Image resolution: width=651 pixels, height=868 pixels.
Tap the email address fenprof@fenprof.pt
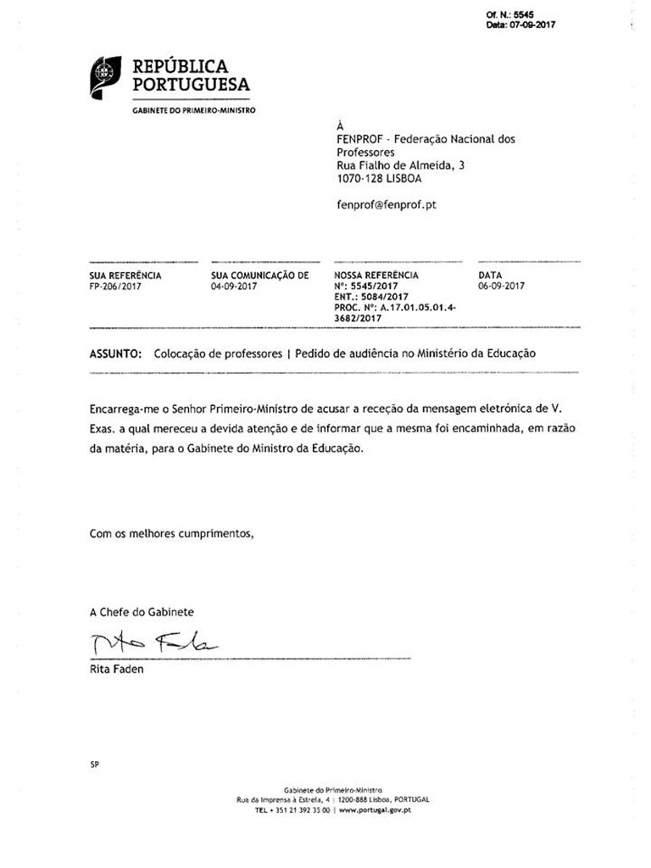tap(387, 204)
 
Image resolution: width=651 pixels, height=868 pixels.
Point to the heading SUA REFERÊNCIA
tap(125, 275)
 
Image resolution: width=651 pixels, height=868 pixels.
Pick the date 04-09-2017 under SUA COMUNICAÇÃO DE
tap(234, 287)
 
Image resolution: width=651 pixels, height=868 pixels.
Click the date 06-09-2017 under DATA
tap(501, 287)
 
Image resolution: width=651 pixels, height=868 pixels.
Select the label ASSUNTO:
tap(115, 353)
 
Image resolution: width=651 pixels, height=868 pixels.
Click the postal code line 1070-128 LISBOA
tap(379, 179)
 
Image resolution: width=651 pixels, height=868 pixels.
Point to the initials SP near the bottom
tap(94, 765)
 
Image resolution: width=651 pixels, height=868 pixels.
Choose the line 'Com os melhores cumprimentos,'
tap(172, 534)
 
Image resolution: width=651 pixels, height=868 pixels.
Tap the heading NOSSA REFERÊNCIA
tap(376, 275)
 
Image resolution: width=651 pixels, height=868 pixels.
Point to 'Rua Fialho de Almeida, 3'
tap(401, 166)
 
